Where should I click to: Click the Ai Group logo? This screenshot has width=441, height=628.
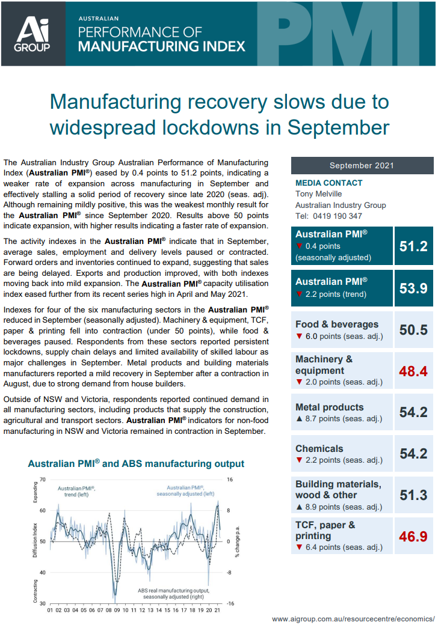(x=33, y=34)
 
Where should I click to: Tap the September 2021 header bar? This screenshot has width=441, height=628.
(x=362, y=166)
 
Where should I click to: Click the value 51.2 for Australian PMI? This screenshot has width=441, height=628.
(x=413, y=246)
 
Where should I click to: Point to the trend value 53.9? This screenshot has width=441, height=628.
(x=413, y=288)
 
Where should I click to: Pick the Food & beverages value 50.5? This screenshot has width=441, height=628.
(x=413, y=330)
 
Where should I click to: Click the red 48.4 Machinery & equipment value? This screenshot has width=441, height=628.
(x=413, y=371)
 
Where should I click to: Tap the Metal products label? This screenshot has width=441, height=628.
(x=330, y=407)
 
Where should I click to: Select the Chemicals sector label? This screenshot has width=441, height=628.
(x=319, y=448)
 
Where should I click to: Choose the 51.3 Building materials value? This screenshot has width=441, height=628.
(x=413, y=495)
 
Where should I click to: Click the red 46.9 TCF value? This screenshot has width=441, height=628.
(x=413, y=536)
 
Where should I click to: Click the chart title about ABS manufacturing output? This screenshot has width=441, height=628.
(x=136, y=463)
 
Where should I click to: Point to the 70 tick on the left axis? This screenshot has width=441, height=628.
(x=42, y=480)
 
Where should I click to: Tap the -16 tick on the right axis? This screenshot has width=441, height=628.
(x=229, y=603)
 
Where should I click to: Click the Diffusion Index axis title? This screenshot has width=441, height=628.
(x=35, y=541)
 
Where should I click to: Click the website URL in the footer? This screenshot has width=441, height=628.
(x=353, y=618)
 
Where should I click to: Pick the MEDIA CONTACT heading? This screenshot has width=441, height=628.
(x=328, y=183)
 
